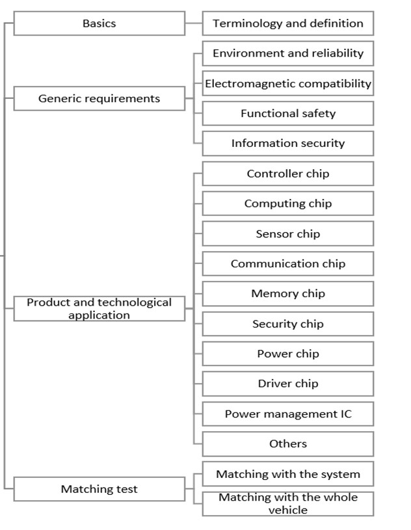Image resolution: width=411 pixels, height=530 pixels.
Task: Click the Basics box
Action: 99,23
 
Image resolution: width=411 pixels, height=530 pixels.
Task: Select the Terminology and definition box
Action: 288,23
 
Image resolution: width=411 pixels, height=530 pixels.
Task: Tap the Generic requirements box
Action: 99,98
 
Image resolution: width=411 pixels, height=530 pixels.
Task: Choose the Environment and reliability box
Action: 288,53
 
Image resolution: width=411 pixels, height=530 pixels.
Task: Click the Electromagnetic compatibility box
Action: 288,83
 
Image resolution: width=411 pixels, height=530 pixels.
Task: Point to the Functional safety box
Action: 288,113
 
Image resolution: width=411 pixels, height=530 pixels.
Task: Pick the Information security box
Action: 288,143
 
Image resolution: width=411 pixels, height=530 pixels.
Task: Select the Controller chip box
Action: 288,174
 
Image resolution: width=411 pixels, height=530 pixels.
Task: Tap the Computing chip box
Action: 288,204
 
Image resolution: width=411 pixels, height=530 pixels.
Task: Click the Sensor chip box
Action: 288,233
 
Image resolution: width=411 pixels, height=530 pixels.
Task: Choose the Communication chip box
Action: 288,263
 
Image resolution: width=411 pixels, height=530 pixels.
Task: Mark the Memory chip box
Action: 288,293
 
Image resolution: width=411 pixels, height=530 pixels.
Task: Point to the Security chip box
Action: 288,324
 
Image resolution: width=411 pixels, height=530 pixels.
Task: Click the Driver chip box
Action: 288,384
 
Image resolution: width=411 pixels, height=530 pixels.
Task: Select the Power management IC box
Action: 288,414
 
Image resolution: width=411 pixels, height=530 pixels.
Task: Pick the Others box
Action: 288,444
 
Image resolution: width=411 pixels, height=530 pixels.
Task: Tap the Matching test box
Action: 99,489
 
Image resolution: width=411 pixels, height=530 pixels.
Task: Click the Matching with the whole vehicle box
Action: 288,503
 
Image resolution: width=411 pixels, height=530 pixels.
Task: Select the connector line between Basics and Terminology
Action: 194,23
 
